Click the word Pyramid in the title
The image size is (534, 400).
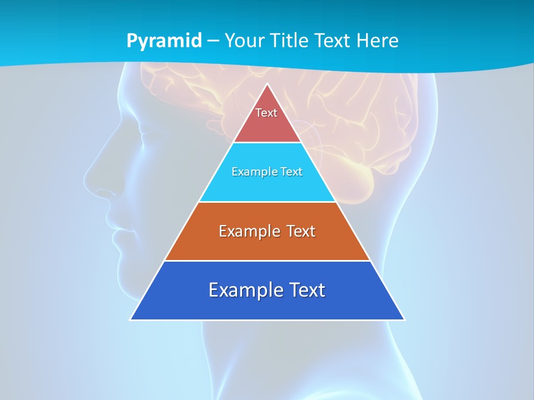coord(164,41)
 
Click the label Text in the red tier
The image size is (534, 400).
coord(266,113)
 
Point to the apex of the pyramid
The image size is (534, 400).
coord(267,84)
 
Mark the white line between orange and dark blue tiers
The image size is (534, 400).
coord(267,261)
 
